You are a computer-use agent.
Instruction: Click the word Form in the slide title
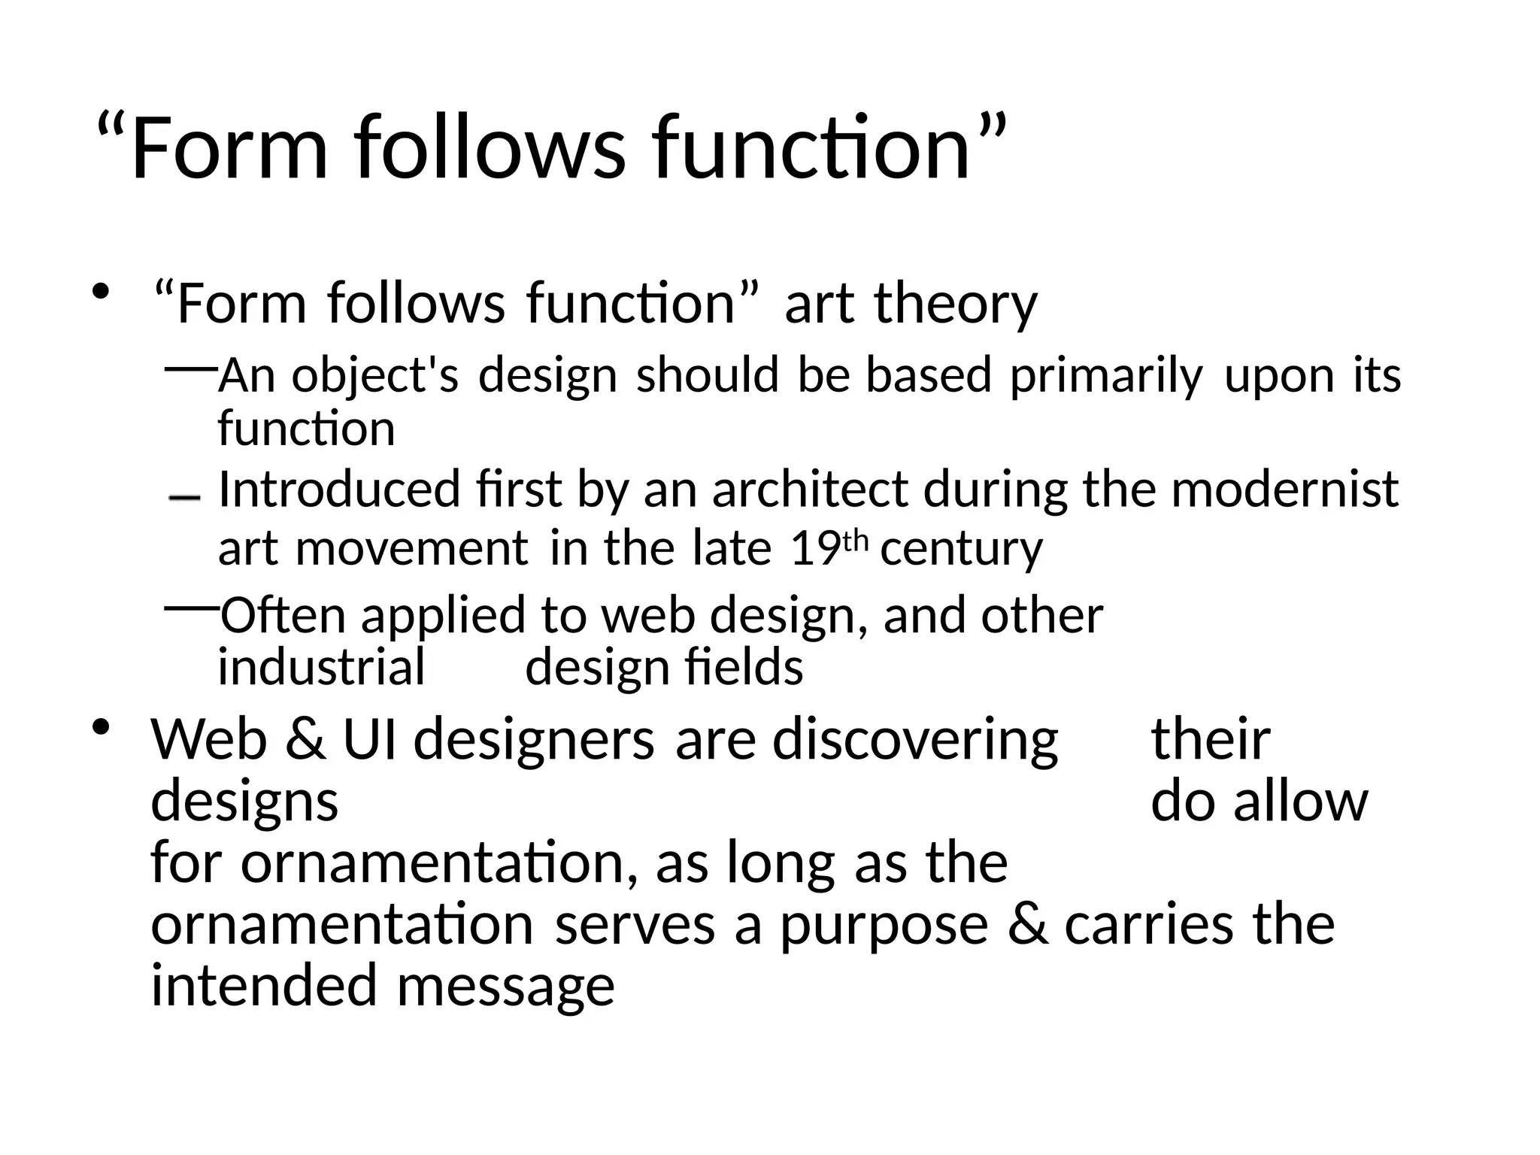click(x=229, y=147)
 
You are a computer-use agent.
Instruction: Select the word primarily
click(x=1106, y=375)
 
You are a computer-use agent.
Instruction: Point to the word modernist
click(x=1284, y=489)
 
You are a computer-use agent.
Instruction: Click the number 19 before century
click(x=814, y=548)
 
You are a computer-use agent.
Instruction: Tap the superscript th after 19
click(x=855, y=540)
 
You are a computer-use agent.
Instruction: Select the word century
click(x=961, y=549)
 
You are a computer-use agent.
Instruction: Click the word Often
click(x=283, y=615)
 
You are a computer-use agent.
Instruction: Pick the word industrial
click(x=321, y=667)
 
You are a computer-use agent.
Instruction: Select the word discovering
click(x=915, y=739)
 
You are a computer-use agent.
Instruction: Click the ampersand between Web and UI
click(x=305, y=739)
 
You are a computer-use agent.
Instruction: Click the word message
click(x=505, y=987)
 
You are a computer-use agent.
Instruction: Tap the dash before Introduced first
click(x=184, y=498)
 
